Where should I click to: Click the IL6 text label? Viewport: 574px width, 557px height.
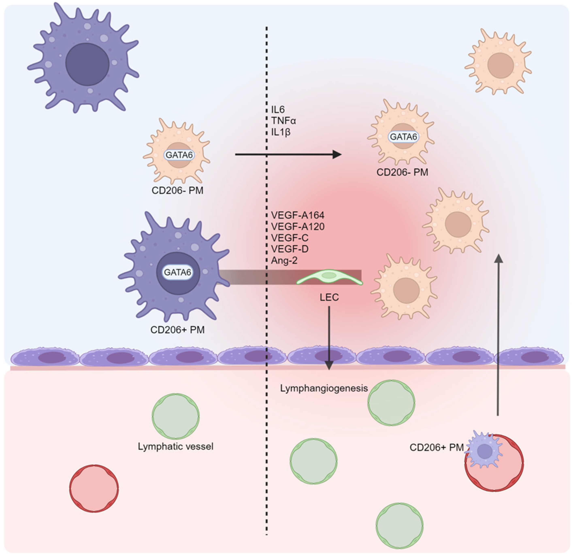pyautogui.click(x=278, y=109)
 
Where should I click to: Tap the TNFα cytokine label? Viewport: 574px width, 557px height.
pyautogui.click(x=283, y=121)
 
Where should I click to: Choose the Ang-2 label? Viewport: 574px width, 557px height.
pyautogui.click(x=284, y=260)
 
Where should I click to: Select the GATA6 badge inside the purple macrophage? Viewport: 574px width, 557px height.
pyautogui.click(x=178, y=272)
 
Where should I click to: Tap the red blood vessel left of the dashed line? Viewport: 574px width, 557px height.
pyautogui.click(x=94, y=488)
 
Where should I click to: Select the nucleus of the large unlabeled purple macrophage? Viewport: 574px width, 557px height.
pyautogui.click(x=87, y=64)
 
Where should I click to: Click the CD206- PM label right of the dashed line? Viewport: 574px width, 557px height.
pyautogui.click(x=402, y=172)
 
